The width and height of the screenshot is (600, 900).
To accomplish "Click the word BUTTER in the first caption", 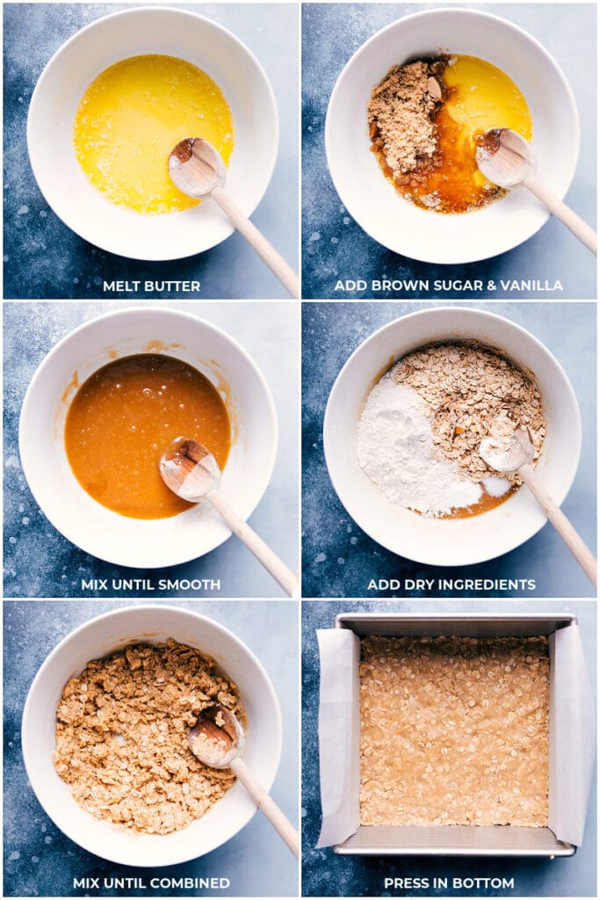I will click(174, 287).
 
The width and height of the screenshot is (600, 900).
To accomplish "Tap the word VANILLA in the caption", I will click(531, 287).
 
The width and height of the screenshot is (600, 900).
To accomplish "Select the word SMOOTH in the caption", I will click(192, 584).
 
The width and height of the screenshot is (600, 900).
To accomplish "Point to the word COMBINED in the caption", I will click(191, 882).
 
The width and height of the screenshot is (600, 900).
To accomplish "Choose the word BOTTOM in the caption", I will click(485, 882).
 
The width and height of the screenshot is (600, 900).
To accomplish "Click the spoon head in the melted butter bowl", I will click(196, 166).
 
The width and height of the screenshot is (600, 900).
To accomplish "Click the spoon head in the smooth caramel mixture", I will click(189, 468).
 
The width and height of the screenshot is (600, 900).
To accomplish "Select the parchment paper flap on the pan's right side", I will click(569, 738).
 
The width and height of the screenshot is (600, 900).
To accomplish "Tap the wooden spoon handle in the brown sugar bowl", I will click(562, 216).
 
